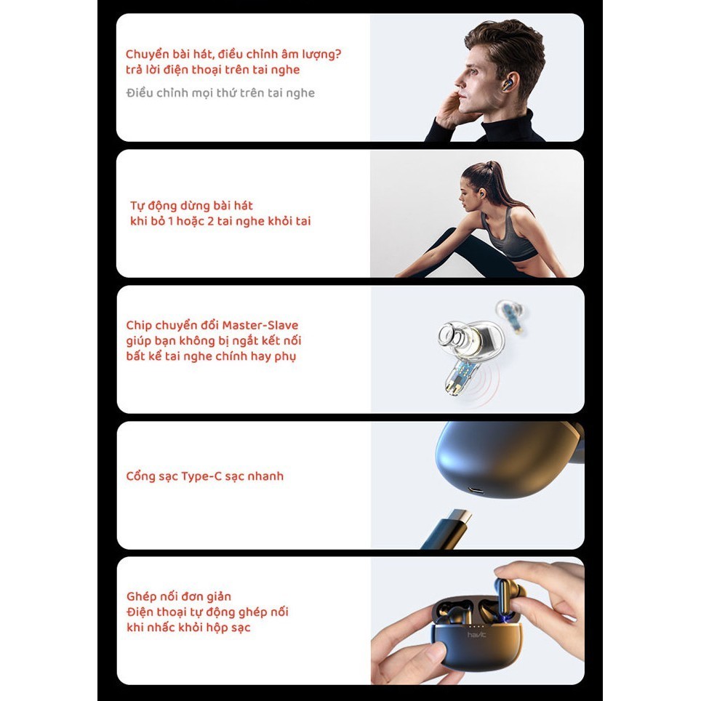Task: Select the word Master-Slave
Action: click(260, 325)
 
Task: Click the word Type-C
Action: click(201, 476)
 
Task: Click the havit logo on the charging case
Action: click(476, 635)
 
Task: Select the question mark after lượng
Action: click(337, 54)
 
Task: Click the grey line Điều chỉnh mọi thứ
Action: click(220, 93)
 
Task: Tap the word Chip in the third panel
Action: click(138, 326)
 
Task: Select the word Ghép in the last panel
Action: click(140, 597)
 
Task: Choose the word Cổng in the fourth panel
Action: click(140, 476)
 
